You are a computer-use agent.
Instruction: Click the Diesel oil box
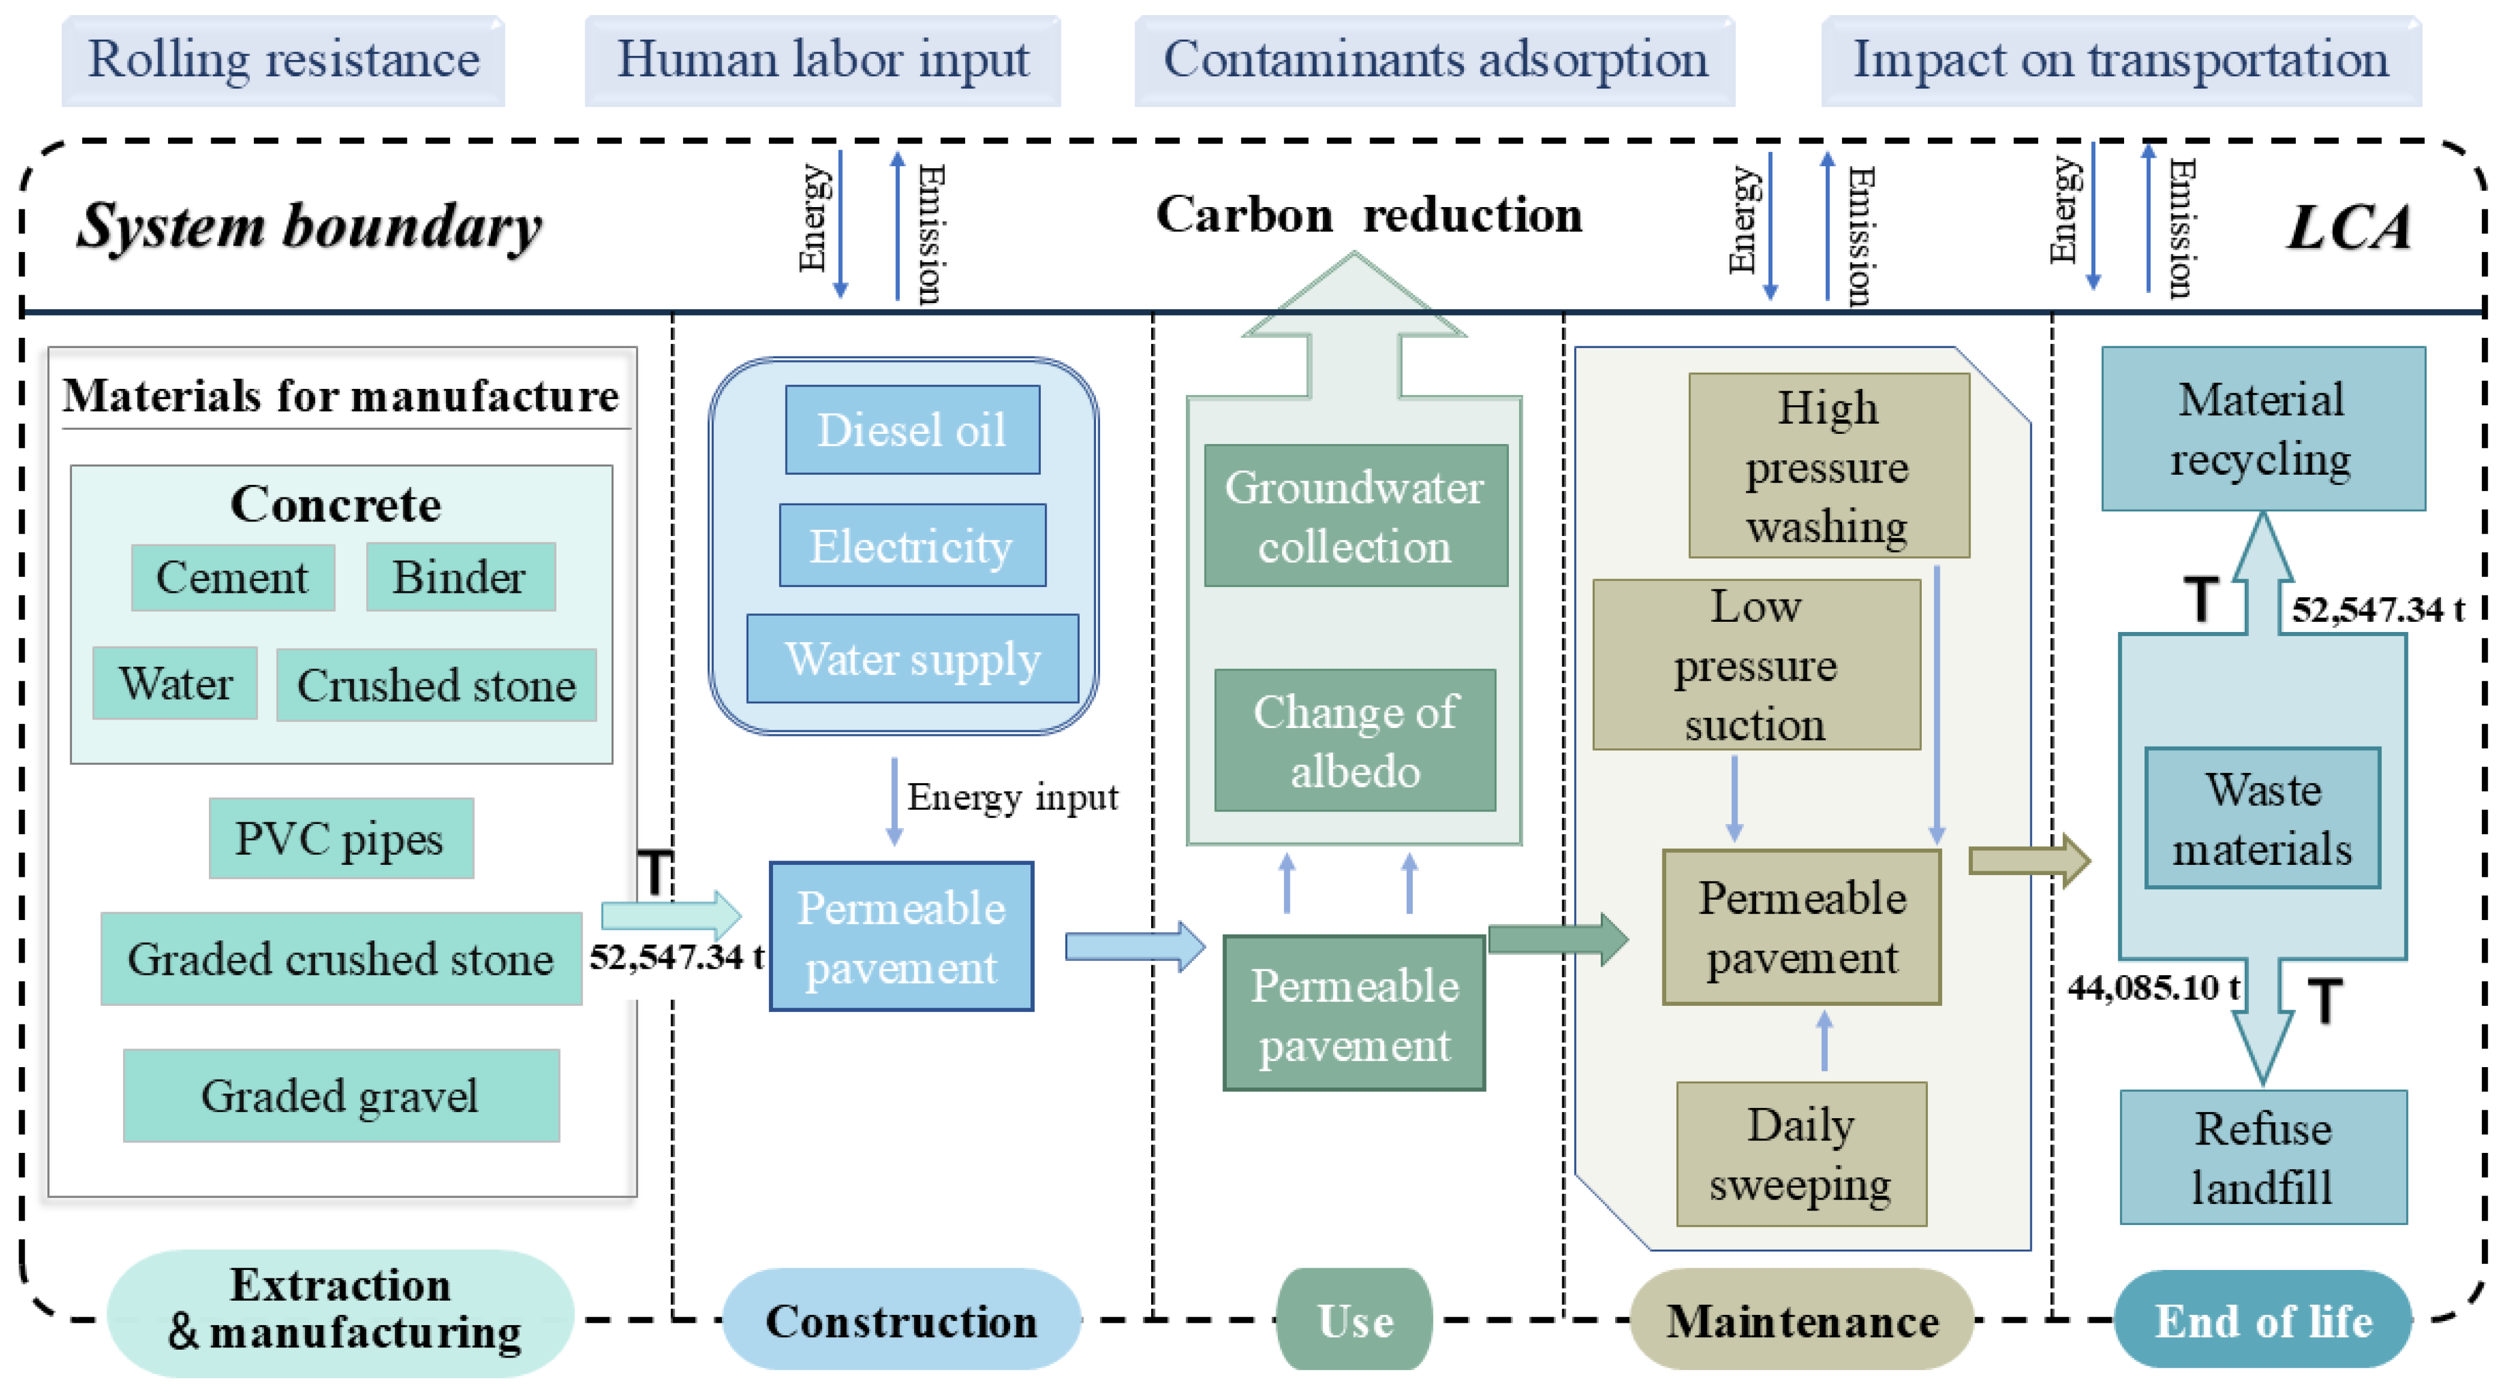click(x=912, y=430)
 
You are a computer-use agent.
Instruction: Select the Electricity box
click(x=912, y=546)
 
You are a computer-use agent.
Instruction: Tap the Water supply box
click(x=912, y=658)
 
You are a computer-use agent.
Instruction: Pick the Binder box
click(x=460, y=577)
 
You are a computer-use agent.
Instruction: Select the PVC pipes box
click(x=340, y=838)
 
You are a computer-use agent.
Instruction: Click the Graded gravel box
click(x=340, y=1095)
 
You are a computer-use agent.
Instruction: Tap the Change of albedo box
click(x=1355, y=741)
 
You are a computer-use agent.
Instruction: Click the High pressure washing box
click(x=1828, y=466)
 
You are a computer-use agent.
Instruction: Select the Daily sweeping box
click(x=1800, y=1154)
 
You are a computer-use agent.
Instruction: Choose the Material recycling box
click(x=2262, y=429)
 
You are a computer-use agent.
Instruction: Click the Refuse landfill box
click(x=2262, y=1157)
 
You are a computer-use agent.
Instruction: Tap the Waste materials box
click(x=2262, y=819)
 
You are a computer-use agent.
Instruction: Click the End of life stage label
click(x=2262, y=1321)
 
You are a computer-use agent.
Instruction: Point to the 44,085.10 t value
click(x=2152, y=988)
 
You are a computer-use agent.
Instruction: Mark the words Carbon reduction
click(x=1368, y=215)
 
